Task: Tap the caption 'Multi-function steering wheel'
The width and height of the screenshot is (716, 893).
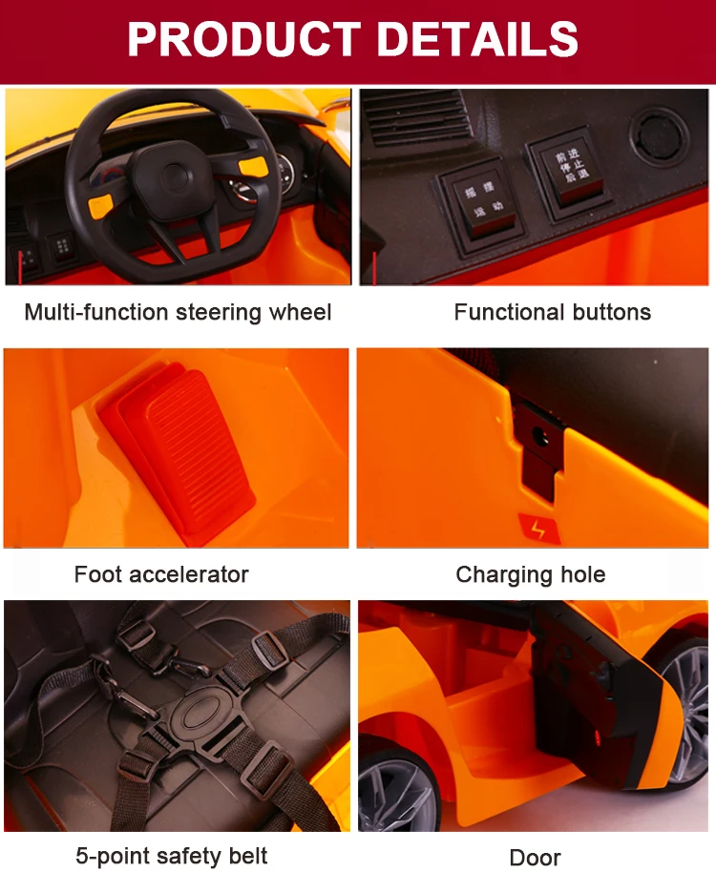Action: (x=178, y=312)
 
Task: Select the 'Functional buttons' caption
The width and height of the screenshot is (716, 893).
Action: (x=552, y=312)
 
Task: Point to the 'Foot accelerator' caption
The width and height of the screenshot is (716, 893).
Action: (x=161, y=574)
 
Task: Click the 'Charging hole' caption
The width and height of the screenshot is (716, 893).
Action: (x=530, y=574)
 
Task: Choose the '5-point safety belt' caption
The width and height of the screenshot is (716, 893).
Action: (x=172, y=856)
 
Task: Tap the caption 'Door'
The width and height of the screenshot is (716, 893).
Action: (x=535, y=858)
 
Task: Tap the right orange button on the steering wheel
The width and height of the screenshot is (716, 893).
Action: (x=253, y=166)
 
